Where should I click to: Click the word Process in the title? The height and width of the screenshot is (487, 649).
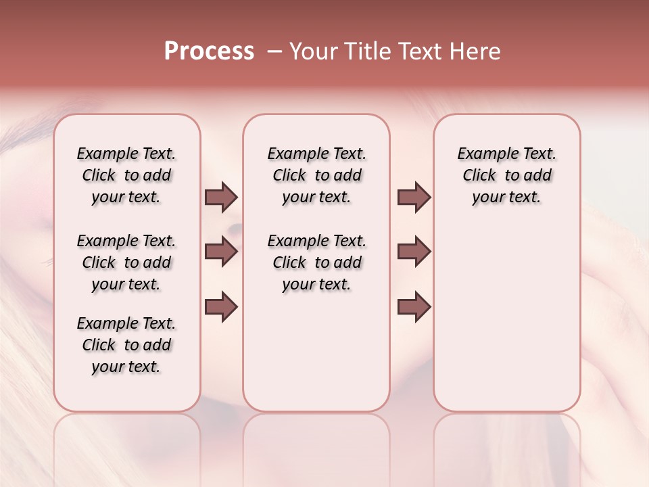coord(209,51)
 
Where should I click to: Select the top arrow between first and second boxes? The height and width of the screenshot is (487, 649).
coord(221,198)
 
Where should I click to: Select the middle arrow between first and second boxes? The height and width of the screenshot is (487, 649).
coord(221,252)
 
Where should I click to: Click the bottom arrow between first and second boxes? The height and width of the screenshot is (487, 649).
coord(221,306)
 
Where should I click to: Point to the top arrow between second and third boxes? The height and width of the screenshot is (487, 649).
coord(414,198)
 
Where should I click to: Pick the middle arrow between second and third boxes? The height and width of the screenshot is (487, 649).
coord(414,252)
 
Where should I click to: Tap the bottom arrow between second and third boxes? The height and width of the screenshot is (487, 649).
coord(414,306)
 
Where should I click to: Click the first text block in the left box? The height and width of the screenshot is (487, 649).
coord(126,175)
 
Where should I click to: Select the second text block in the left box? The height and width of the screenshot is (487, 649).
coord(126,262)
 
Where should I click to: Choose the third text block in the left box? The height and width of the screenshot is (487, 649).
coord(126,345)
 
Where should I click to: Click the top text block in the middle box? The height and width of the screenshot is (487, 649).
coord(316,175)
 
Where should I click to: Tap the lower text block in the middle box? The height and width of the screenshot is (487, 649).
coord(316,262)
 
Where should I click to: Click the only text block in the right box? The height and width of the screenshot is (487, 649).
coord(506,175)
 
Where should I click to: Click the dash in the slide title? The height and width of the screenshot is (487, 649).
coord(274,51)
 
